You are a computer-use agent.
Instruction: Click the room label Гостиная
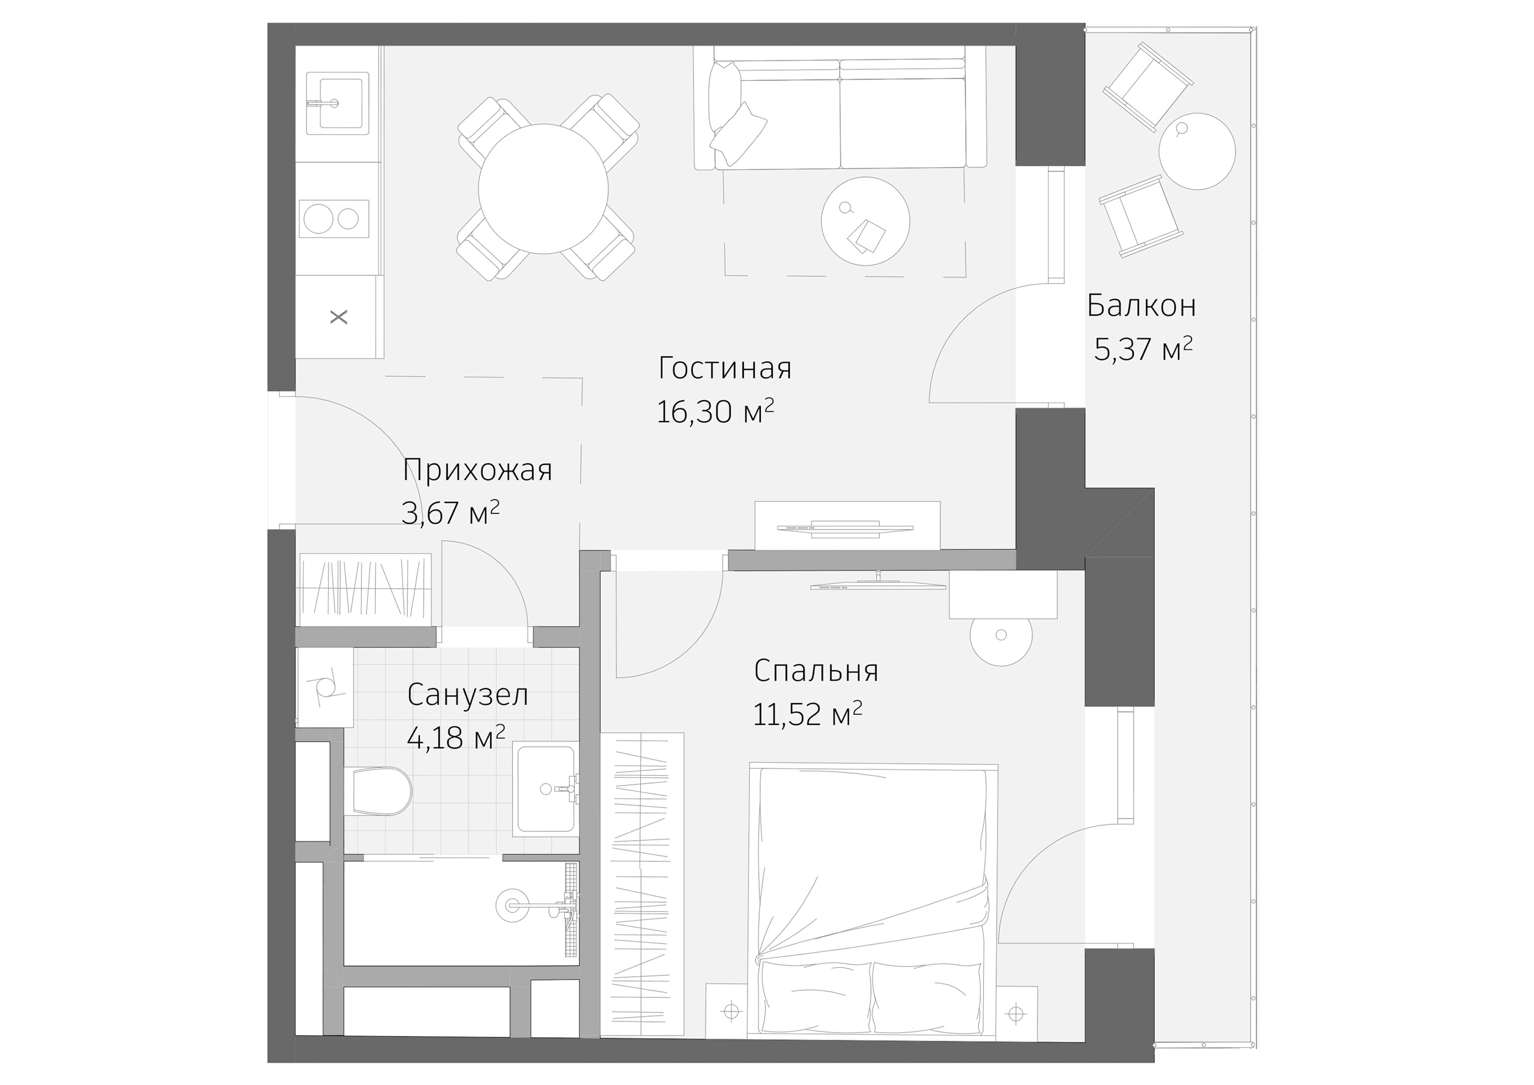pos(724,368)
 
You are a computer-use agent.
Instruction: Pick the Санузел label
pos(467,695)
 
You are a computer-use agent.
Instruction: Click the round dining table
pos(543,189)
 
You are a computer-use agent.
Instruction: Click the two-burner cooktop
pos(333,219)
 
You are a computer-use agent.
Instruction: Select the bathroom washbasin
pos(544,790)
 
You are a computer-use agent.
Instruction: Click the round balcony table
pos(1196,151)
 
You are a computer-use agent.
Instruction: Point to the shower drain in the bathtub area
pos(512,905)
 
